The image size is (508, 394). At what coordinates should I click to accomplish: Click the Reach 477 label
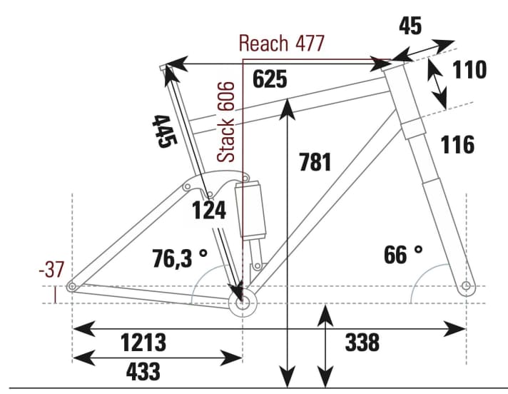[281, 44]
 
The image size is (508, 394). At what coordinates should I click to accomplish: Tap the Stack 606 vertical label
[226, 121]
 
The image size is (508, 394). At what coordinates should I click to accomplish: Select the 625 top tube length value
[270, 80]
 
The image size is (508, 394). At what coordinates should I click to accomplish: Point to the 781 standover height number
[315, 161]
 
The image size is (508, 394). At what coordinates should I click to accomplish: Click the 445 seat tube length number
[163, 130]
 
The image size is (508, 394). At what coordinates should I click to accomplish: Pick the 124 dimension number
[209, 211]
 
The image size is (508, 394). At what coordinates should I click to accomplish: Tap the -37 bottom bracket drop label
[51, 270]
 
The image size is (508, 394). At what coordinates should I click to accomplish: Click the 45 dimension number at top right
[410, 26]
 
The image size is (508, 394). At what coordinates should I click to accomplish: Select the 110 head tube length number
[469, 70]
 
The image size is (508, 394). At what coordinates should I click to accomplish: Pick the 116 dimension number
[457, 145]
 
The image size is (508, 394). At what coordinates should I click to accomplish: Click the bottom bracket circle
[242, 303]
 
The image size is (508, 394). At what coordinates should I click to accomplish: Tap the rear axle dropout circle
[72, 287]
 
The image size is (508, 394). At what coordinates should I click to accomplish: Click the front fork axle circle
[466, 287]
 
